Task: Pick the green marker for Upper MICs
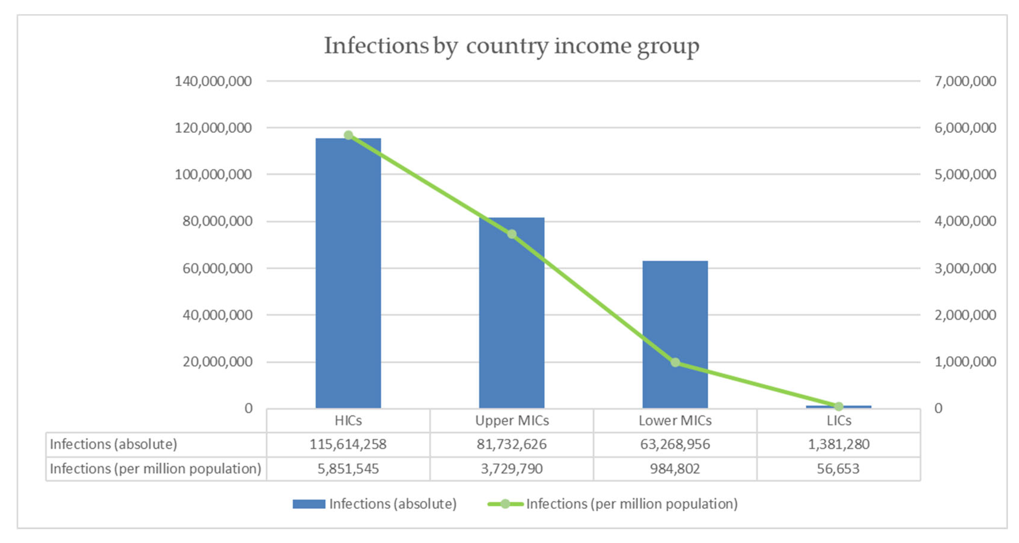[512, 234]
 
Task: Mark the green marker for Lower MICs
[675, 362]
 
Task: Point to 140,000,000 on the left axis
[213, 81]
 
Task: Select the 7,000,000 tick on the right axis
[965, 81]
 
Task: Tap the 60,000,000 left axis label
[217, 268]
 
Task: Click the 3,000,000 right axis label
[965, 268]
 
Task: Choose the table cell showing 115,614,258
[348, 444]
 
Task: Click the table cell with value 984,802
[675, 468]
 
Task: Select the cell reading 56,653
[838, 468]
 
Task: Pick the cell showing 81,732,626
[511, 444]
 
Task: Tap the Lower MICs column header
[675, 420]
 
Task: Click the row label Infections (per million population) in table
[155, 468]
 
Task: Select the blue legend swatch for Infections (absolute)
[309, 504]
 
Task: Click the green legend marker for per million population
[505, 504]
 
